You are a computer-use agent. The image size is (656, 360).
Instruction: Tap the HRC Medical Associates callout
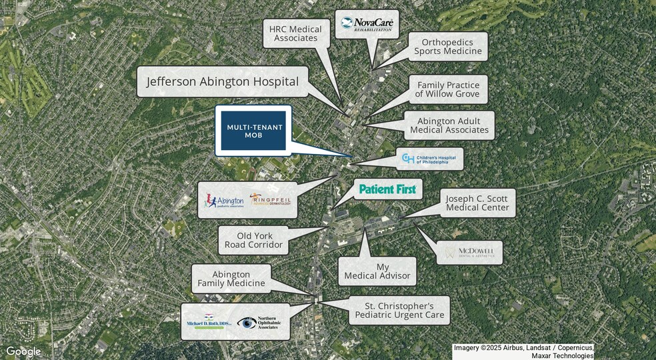click(x=295, y=33)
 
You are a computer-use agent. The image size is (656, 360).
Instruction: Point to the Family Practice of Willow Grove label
click(x=448, y=89)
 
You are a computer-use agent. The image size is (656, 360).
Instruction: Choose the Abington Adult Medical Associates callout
click(x=449, y=125)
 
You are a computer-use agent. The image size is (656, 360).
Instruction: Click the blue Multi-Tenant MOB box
click(x=253, y=131)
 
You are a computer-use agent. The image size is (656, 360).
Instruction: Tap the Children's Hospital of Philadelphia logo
click(x=429, y=159)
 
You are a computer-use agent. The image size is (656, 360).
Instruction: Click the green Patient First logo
click(x=387, y=189)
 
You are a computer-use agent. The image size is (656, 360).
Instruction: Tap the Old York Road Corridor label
click(x=254, y=240)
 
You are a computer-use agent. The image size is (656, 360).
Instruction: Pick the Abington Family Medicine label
click(x=231, y=279)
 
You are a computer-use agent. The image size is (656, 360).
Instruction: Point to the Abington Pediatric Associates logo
click(x=225, y=200)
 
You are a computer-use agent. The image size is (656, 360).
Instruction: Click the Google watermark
click(x=23, y=351)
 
